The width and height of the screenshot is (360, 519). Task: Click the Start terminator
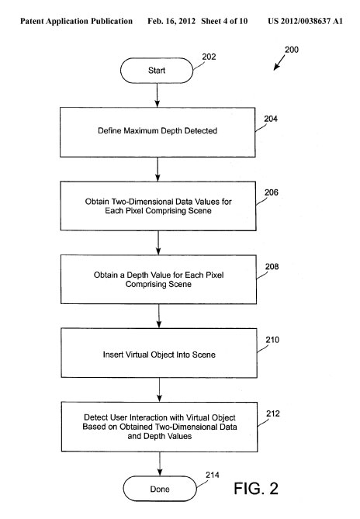(157, 71)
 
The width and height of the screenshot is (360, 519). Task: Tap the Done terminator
(160, 489)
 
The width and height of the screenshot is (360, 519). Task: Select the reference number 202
(209, 57)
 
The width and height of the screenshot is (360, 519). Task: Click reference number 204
(271, 119)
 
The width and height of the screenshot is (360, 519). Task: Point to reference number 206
(272, 192)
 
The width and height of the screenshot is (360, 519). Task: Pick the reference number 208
(272, 266)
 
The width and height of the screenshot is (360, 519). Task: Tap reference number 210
(272, 340)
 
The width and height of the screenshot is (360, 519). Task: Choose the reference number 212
(273, 413)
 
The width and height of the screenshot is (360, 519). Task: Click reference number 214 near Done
(213, 475)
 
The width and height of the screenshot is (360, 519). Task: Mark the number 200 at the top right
(292, 50)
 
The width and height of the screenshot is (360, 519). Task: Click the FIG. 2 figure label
(256, 489)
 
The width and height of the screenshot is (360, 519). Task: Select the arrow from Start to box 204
(157, 95)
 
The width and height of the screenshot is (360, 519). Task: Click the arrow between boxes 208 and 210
(159, 316)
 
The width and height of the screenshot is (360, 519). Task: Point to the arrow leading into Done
(160, 464)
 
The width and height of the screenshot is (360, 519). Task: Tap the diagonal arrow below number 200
(279, 63)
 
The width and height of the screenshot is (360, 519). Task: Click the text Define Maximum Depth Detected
(157, 131)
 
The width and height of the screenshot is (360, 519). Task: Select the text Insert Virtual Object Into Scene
(159, 355)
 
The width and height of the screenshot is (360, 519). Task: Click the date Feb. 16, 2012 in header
(171, 21)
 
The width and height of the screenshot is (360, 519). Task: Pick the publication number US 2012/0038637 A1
(305, 21)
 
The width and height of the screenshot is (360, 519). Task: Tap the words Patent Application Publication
(77, 21)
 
